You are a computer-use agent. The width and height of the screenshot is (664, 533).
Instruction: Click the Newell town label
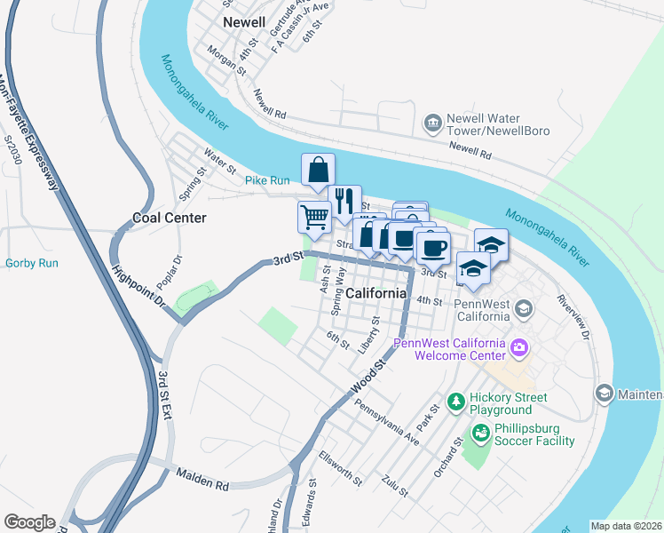244,21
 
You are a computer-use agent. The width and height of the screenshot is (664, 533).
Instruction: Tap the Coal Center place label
169,218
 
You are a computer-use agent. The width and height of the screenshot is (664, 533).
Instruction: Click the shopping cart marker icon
314,215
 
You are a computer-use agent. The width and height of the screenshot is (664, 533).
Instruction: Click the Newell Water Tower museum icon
432,122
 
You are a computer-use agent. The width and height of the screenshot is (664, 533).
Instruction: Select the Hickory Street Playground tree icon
455,403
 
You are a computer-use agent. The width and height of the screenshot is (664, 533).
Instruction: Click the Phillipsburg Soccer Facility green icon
480,434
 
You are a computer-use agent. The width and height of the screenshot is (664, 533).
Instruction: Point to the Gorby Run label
31,263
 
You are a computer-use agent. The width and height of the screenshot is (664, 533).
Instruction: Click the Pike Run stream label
267,180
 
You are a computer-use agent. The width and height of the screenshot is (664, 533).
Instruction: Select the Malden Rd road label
202,479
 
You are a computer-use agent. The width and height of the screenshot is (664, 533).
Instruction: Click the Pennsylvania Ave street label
387,420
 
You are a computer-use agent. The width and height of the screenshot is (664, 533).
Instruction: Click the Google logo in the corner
29,522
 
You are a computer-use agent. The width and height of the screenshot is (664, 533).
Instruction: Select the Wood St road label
372,377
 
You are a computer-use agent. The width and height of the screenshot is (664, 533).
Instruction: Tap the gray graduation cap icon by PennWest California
524,308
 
